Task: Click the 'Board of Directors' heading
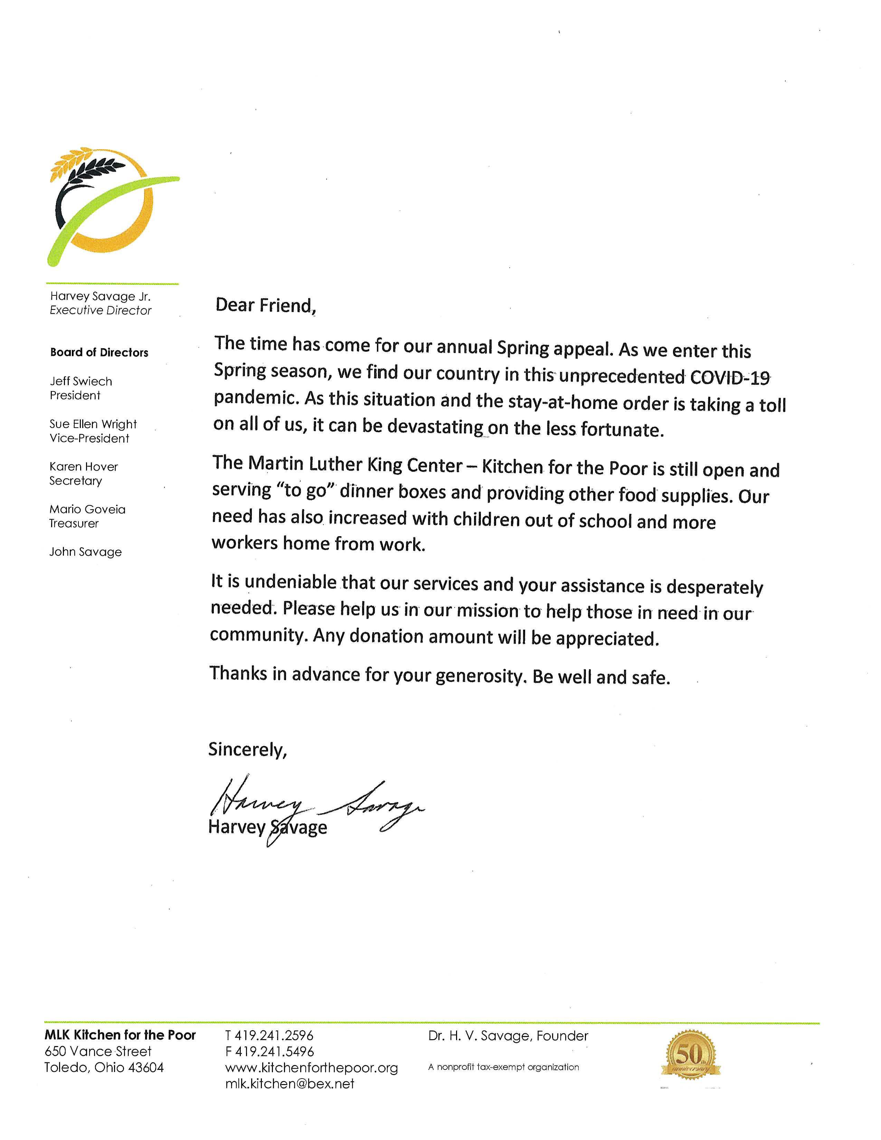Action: [99, 352]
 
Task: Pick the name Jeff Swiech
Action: [81, 381]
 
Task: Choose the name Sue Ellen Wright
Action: [93, 424]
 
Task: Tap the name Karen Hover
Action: [84, 467]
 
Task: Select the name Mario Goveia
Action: [87, 509]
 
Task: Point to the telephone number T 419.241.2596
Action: [269, 1035]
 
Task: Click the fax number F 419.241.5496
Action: [269, 1051]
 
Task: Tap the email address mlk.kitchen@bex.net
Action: [290, 1084]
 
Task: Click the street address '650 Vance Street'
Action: [98, 1051]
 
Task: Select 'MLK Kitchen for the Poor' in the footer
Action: [120, 1035]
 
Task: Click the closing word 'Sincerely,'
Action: [247, 750]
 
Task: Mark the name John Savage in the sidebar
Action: [86, 552]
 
